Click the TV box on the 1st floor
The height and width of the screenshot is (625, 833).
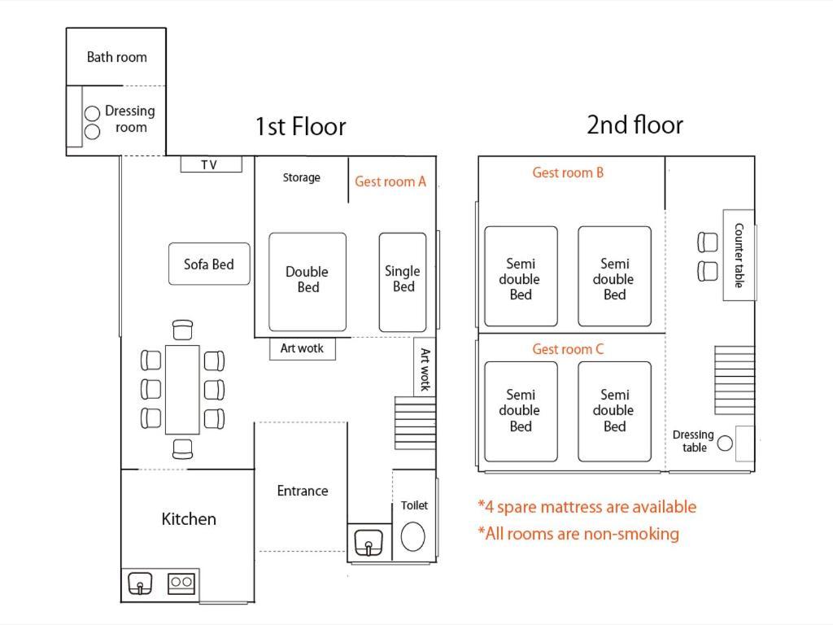click(x=211, y=164)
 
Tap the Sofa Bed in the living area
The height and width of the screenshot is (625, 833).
click(x=209, y=264)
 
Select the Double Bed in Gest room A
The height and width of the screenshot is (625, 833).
click(x=307, y=282)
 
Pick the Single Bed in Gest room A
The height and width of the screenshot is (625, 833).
click(x=403, y=282)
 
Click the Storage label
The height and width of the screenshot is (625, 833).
click(x=301, y=177)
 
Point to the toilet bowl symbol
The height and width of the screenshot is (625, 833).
click(x=412, y=536)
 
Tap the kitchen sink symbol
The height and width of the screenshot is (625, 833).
click(x=140, y=583)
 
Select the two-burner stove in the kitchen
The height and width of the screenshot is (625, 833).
click(x=181, y=583)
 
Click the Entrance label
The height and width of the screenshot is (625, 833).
click(x=303, y=491)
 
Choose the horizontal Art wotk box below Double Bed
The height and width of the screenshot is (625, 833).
click(x=303, y=348)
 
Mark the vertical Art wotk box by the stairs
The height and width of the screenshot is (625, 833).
click(x=425, y=367)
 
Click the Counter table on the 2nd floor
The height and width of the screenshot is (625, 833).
click(x=739, y=255)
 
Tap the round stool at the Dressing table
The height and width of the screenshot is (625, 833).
click(x=725, y=443)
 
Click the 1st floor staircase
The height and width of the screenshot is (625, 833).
click(x=415, y=423)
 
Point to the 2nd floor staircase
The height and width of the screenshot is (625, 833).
click(x=735, y=380)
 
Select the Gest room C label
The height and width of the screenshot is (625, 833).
click(x=568, y=349)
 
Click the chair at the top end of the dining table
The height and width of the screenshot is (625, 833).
click(x=183, y=330)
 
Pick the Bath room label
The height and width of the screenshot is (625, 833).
click(x=117, y=57)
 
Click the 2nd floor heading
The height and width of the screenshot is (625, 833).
click(x=635, y=125)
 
